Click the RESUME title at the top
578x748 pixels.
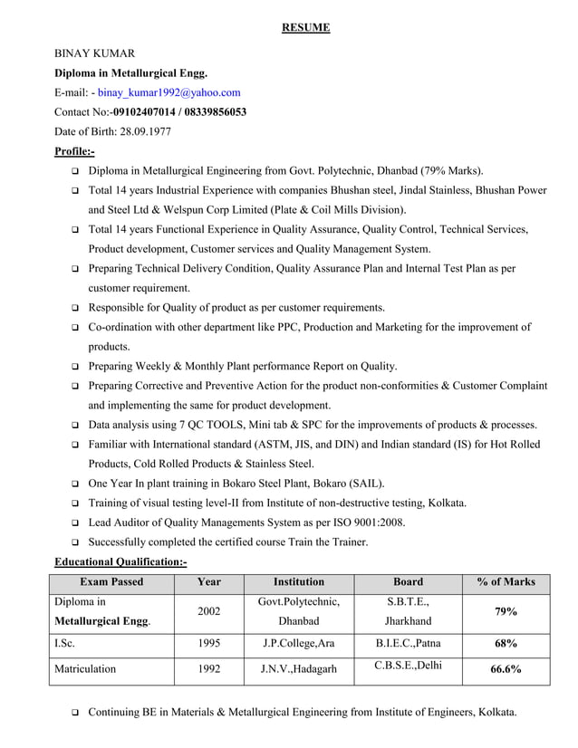click(x=305, y=28)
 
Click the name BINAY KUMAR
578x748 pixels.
click(x=95, y=53)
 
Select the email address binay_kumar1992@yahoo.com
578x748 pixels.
click(x=169, y=92)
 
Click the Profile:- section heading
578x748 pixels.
click(x=74, y=151)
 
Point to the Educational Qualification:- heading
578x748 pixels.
click(x=120, y=562)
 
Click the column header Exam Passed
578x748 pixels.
click(x=111, y=582)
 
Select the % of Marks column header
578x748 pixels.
click(x=506, y=582)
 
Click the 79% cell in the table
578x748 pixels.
click(x=506, y=612)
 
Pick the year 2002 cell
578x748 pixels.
click(x=208, y=612)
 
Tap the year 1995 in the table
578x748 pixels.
click(x=208, y=644)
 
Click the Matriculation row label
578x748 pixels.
click(x=85, y=669)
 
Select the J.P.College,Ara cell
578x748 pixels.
click(x=298, y=644)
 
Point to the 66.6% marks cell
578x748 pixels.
click(x=506, y=670)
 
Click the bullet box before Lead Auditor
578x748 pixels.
click(x=73, y=523)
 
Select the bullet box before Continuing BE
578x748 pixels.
click(x=73, y=713)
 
